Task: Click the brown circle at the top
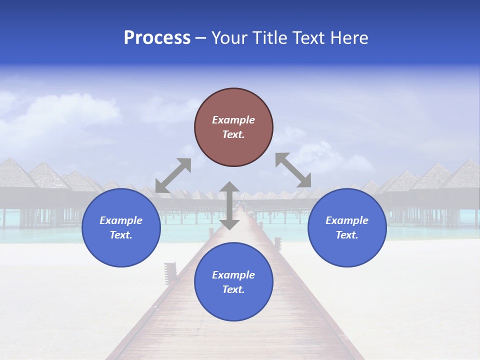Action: [x=233, y=127]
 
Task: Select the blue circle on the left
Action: [x=121, y=227]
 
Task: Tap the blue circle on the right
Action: [x=347, y=227]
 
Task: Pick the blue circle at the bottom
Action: [x=233, y=282]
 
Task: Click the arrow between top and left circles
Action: [x=173, y=175]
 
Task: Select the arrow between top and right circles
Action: [x=293, y=170]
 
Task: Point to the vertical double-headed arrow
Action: [x=229, y=205]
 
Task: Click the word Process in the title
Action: [x=157, y=38]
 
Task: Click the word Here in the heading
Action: [x=349, y=38]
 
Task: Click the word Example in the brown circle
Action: [x=233, y=120]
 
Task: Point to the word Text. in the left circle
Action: [x=121, y=235]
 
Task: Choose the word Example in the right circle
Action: [x=347, y=220]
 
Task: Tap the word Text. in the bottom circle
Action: [x=233, y=289]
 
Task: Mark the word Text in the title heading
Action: [x=308, y=38]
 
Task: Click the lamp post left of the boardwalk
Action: [x=170, y=273]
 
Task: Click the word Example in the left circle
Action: [x=121, y=220]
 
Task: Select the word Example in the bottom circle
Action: [x=233, y=275]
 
